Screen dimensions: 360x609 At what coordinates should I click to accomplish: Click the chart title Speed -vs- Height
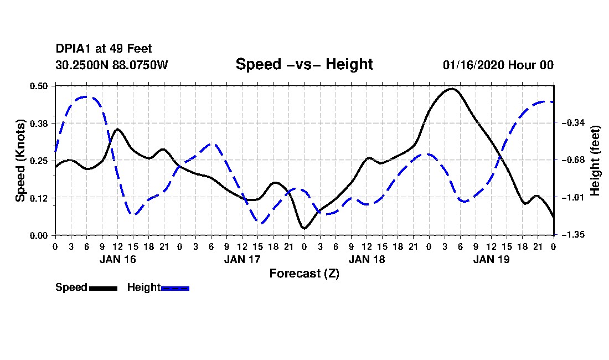click(304, 64)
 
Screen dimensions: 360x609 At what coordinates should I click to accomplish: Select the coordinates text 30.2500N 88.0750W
click(112, 65)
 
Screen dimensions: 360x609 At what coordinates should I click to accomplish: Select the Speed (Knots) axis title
click(20, 161)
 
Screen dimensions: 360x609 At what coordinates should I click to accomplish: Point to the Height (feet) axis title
click(596, 161)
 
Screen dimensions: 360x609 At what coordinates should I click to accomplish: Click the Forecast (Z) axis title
click(304, 273)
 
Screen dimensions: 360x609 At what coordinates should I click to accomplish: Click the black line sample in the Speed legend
click(103, 288)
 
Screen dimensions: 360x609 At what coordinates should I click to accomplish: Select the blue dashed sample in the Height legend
click(175, 288)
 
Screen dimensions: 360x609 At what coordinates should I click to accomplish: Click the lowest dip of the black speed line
click(304, 228)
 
